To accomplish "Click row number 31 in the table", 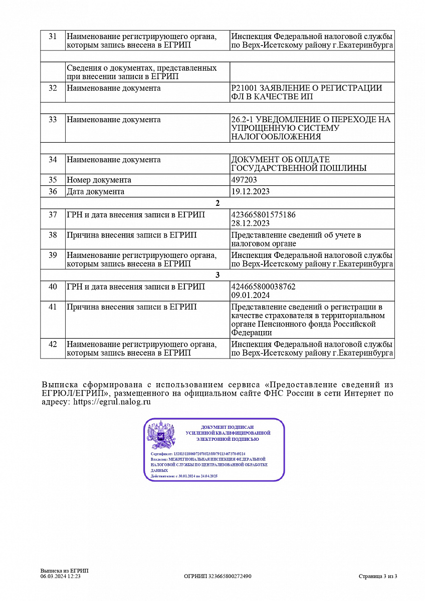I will pyautogui.click(x=53, y=37).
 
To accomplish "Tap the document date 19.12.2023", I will pyautogui.click(x=251, y=191).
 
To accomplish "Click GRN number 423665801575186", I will pyautogui.click(x=263, y=215).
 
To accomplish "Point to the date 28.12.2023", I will pyautogui.click(x=251, y=223).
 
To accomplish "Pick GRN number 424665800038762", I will pyautogui.click(x=263, y=286).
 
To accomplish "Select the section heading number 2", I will pyautogui.click(x=217, y=203).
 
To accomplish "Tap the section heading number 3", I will pyautogui.click(x=217, y=275).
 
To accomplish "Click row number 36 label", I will pyautogui.click(x=53, y=191).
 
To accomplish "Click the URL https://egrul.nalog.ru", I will pyautogui.click(x=112, y=402).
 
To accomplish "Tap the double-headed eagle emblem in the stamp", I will pyautogui.click(x=161, y=434).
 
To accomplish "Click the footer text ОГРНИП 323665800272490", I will pyautogui.click(x=218, y=576).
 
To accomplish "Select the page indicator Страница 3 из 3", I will pyautogui.click(x=378, y=576).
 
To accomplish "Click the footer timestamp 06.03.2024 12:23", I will pyautogui.click(x=61, y=576).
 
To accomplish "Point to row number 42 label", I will pyautogui.click(x=53, y=345).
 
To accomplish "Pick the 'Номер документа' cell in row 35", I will pyautogui.click(x=99, y=180).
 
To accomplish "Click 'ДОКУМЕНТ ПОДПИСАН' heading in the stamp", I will pyautogui.click(x=228, y=427).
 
